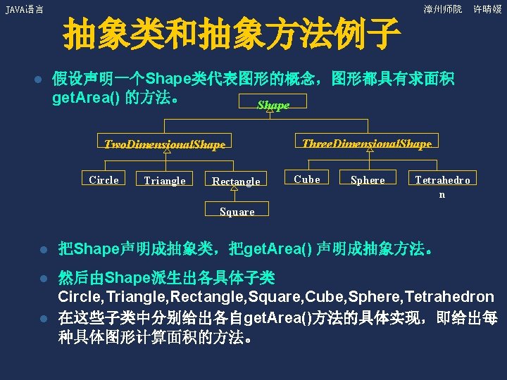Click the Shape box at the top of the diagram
coord(273,105)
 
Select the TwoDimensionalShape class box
coord(165,144)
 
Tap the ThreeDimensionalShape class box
coord(366,144)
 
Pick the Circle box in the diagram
coord(104,179)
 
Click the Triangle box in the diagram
coord(165,180)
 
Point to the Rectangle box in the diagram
coord(236,181)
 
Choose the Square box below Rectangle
coord(237,210)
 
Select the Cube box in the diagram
coord(306,179)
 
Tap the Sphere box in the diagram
coord(368,179)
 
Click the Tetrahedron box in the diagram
coord(442,186)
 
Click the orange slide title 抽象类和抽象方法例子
coord(232,35)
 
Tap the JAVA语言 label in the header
coord(24,10)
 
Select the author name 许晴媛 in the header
coord(487,9)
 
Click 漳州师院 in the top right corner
coord(443,9)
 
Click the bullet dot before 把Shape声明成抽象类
coord(42,250)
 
